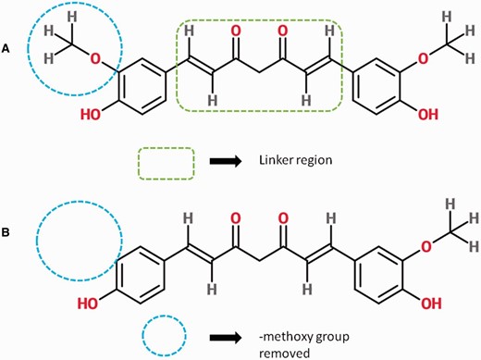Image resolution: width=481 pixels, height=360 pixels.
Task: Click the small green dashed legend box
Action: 166,163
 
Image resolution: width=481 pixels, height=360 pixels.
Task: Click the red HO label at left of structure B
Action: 92,303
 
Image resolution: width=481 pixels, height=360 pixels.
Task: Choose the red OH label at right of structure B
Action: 428,301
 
